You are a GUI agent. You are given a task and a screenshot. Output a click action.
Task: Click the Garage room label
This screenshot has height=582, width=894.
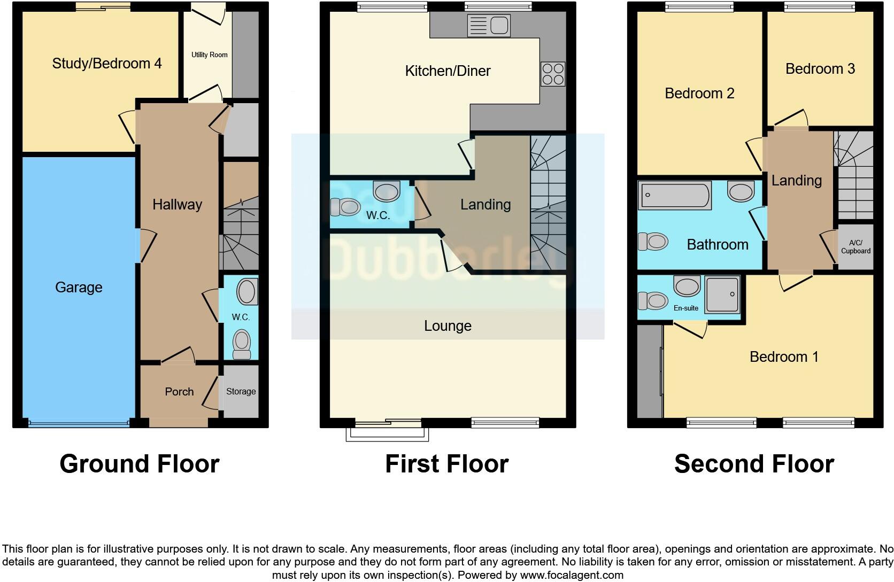pyautogui.click(x=79, y=288)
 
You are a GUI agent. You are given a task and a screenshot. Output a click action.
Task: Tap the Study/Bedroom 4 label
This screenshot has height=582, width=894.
pyautogui.click(x=106, y=64)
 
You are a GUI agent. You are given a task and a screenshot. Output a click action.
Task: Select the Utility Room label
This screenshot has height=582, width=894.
pyautogui.click(x=209, y=55)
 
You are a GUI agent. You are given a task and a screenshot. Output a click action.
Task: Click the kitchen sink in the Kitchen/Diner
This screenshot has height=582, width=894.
pyautogui.click(x=489, y=25)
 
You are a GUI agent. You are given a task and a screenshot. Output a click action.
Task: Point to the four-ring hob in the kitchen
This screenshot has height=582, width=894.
pyautogui.click(x=552, y=74)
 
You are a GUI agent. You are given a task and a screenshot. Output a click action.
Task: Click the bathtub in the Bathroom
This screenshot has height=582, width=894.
pyautogui.click(x=674, y=195)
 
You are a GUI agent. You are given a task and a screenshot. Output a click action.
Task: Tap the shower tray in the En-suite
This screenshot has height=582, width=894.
pyautogui.click(x=722, y=294)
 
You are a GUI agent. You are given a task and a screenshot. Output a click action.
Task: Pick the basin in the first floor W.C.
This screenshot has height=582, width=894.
pyautogui.click(x=386, y=191)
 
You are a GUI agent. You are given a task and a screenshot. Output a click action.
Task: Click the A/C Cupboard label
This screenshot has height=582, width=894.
pyautogui.click(x=856, y=247)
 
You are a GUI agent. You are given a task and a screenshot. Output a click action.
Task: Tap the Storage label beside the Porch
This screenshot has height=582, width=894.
pyautogui.click(x=241, y=391)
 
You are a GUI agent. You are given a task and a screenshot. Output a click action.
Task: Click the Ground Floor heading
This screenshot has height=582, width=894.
pyautogui.click(x=140, y=464)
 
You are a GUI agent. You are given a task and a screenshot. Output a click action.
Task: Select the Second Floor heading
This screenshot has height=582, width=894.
pyautogui.click(x=754, y=464)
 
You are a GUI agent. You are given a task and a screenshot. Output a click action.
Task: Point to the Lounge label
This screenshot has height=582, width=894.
pyautogui.click(x=448, y=326)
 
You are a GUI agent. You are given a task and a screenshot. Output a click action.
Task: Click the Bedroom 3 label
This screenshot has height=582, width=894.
pyautogui.click(x=820, y=69)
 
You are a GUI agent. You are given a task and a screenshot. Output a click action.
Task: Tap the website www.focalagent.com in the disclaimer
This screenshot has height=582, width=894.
pyautogui.click(x=571, y=575)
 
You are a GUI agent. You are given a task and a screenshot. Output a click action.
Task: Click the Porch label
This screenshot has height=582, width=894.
pyautogui.click(x=179, y=392)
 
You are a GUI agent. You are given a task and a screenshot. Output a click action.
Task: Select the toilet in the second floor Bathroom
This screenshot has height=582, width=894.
pyautogui.click(x=653, y=241)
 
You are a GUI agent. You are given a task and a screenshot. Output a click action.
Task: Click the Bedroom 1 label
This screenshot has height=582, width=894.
pyautogui.click(x=784, y=357)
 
